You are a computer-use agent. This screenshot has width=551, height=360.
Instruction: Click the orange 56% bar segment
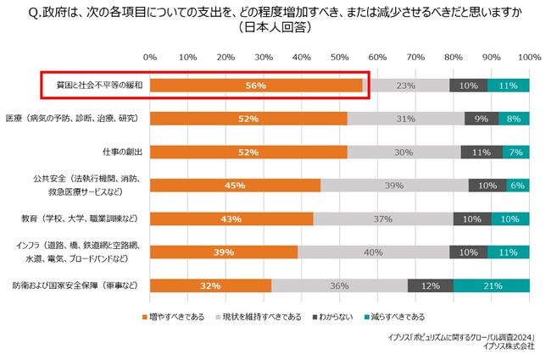coord(256,86)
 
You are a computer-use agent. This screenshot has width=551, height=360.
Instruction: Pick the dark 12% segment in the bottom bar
coord(430,285)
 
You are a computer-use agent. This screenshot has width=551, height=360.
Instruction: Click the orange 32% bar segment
coord(210,285)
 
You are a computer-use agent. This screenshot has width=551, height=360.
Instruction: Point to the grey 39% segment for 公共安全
coord(394,186)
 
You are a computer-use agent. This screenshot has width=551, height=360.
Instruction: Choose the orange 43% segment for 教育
coord(231,219)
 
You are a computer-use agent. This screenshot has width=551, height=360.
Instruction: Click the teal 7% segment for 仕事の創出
coord(515,152)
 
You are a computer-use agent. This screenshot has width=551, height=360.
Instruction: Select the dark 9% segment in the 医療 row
coord(481,119)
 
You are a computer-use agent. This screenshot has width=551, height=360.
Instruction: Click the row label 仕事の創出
coord(121,152)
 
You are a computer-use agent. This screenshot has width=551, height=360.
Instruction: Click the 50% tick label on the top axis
coord(340,57)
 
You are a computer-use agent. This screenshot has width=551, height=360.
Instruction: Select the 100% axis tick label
coord(529,57)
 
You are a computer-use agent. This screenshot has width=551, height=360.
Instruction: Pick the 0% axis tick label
coord(150,57)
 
